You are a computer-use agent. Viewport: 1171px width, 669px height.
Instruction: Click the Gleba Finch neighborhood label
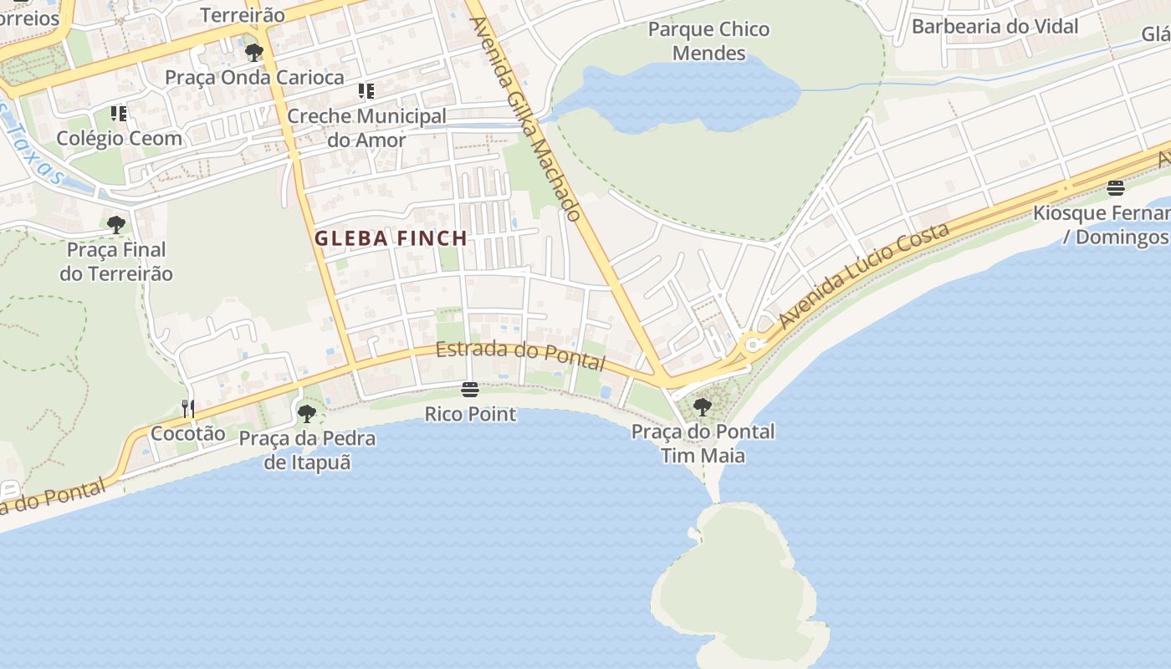click(x=391, y=238)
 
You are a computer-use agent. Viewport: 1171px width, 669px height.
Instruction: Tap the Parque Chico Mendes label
click(x=708, y=41)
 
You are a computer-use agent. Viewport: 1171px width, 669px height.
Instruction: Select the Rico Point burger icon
click(x=470, y=390)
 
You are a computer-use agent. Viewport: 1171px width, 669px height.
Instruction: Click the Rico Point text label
click(x=470, y=414)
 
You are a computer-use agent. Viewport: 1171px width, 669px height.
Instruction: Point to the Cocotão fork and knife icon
click(x=188, y=408)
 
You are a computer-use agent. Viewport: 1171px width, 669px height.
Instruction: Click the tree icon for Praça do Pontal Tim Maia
click(x=703, y=407)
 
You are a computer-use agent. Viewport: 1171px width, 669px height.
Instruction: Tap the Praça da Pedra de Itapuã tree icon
click(x=307, y=413)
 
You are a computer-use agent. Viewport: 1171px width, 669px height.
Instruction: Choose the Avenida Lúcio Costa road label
click(x=864, y=275)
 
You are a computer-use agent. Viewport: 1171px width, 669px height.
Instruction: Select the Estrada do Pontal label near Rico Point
click(x=520, y=355)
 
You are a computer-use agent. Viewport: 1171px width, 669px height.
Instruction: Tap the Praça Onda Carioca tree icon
click(x=253, y=54)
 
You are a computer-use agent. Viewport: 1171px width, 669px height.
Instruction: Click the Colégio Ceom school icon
click(x=119, y=113)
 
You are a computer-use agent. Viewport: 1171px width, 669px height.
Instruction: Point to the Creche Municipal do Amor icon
click(x=366, y=91)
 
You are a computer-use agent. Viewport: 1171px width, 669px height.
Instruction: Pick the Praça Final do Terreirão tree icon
click(x=116, y=224)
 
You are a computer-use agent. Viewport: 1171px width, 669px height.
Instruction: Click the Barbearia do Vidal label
click(x=995, y=26)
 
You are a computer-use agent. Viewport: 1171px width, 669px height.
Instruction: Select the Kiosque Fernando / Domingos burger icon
click(x=1115, y=188)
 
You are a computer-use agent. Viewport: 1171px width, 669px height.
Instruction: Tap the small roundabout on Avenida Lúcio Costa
click(x=752, y=344)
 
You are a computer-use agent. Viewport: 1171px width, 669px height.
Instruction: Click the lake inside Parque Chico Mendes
click(x=686, y=96)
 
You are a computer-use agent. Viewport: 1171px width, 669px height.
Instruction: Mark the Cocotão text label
click(x=187, y=433)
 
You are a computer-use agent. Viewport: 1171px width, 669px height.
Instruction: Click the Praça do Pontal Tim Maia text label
click(x=703, y=443)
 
